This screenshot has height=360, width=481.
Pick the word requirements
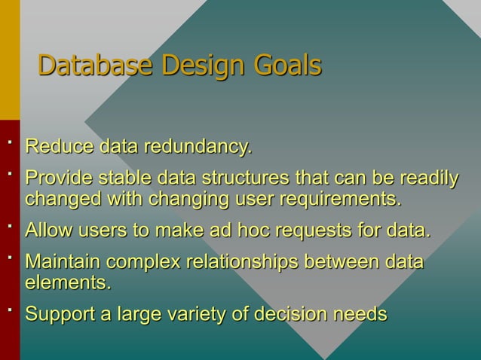click(339, 200)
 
